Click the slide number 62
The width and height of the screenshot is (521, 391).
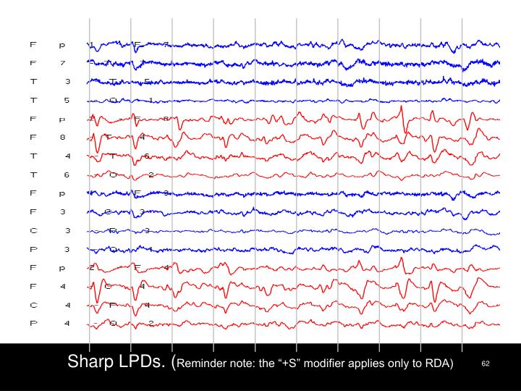coord(486,363)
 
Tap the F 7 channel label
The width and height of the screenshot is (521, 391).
coord(47,63)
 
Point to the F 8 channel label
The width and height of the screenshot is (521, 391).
coord(47,136)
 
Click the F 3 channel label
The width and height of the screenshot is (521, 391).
coord(47,211)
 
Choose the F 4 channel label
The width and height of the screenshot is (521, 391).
coord(47,286)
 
